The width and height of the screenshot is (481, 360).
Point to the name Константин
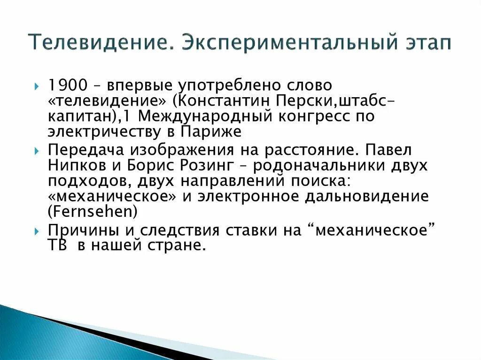[221, 101]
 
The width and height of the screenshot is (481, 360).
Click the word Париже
[211, 131]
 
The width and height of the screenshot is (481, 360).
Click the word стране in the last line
[181, 245]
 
